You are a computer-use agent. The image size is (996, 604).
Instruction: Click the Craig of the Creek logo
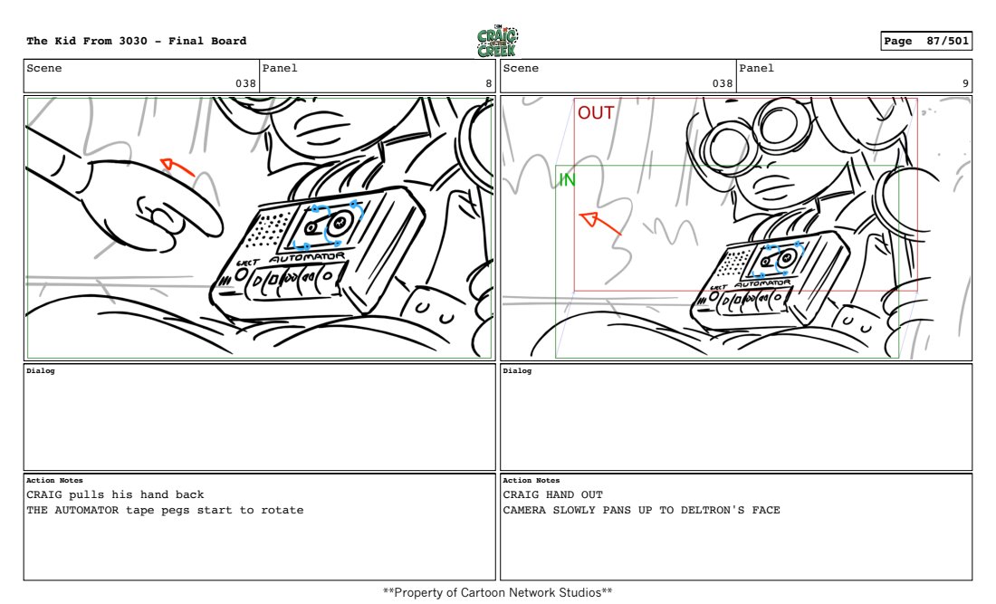click(x=497, y=42)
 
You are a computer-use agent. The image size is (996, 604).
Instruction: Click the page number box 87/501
click(x=926, y=41)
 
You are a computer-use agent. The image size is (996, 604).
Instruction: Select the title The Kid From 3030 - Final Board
click(x=137, y=41)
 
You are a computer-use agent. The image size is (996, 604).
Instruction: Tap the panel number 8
click(x=488, y=83)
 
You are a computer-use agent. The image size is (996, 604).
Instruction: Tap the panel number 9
click(x=965, y=83)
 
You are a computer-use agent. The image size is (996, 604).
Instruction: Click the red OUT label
click(x=595, y=113)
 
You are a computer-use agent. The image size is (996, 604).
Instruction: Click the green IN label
click(x=567, y=180)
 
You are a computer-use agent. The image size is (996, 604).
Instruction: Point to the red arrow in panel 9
click(x=599, y=223)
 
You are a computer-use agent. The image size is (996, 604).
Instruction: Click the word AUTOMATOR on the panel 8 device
click(x=308, y=257)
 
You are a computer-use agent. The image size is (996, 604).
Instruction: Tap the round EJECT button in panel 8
click(x=241, y=275)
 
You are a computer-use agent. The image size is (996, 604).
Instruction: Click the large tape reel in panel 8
click(x=340, y=222)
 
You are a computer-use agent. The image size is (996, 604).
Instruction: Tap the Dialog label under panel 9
click(x=517, y=371)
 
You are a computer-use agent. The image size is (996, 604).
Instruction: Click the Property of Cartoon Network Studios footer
click(x=497, y=592)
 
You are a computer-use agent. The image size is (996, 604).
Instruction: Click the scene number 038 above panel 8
click(x=245, y=83)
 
